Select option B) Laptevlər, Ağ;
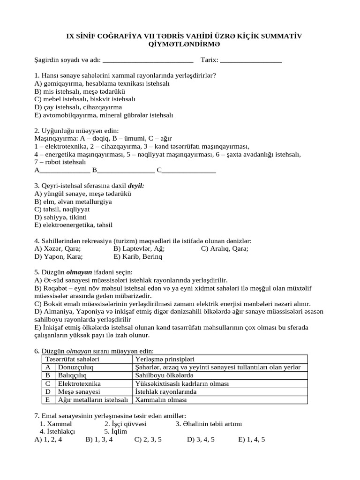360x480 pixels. pos(139,248)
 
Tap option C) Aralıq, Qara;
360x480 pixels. pos(225,248)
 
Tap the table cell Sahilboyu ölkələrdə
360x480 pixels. pos(164,375)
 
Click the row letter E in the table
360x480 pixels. pos(48,400)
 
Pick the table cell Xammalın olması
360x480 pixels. pos(161,400)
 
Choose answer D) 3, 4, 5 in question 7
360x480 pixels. pos(201,440)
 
